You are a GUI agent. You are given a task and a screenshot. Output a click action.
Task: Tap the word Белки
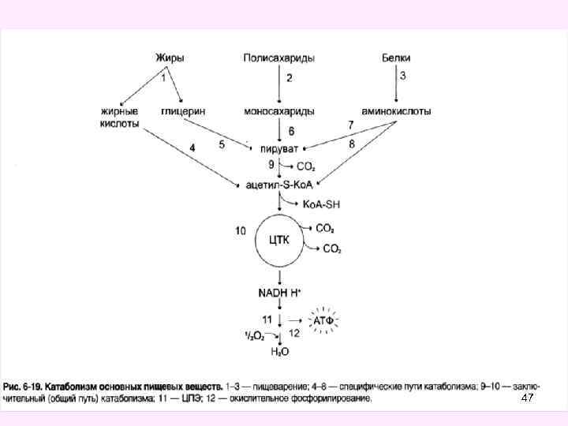point(395,58)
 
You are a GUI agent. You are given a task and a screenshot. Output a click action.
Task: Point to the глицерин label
point(184,111)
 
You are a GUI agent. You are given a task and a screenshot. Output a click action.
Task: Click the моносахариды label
point(279,111)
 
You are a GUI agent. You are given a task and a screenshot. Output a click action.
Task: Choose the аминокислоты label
point(396,111)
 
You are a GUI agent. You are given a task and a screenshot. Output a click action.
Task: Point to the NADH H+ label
point(280,293)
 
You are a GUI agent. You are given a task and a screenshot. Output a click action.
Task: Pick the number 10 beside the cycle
point(241,230)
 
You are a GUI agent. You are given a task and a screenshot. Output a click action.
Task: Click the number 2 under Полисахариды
point(289,78)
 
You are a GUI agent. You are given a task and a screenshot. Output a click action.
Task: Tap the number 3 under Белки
point(403,76)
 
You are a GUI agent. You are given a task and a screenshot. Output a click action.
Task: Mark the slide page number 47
point(528,400)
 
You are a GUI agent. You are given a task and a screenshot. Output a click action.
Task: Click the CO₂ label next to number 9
point(306,166)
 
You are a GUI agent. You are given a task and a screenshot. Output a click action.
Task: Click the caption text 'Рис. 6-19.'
point(25,387)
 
